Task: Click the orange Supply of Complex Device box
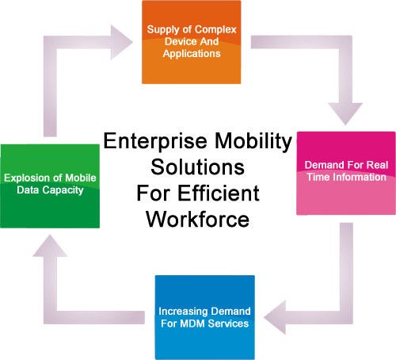[x=192, y=42]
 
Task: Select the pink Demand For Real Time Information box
[x=346, y=173]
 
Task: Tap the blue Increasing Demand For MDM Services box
[x=205, y=317]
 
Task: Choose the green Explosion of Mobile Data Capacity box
[x=50, y=186]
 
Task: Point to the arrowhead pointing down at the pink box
[x=345, y=113]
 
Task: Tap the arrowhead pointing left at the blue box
[x=275, y=317]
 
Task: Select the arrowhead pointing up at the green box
[x=50, y=246]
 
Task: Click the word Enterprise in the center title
[x=155, y=141]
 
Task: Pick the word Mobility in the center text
[x=253, y=141]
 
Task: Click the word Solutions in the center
[x=197, y=167]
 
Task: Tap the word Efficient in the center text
[x=219, y=193]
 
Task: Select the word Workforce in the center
[x=197, y=220]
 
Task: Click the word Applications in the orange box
[x=192, y=54]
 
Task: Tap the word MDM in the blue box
[x=190, y=324]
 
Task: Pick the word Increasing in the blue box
[x=183, y=312]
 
